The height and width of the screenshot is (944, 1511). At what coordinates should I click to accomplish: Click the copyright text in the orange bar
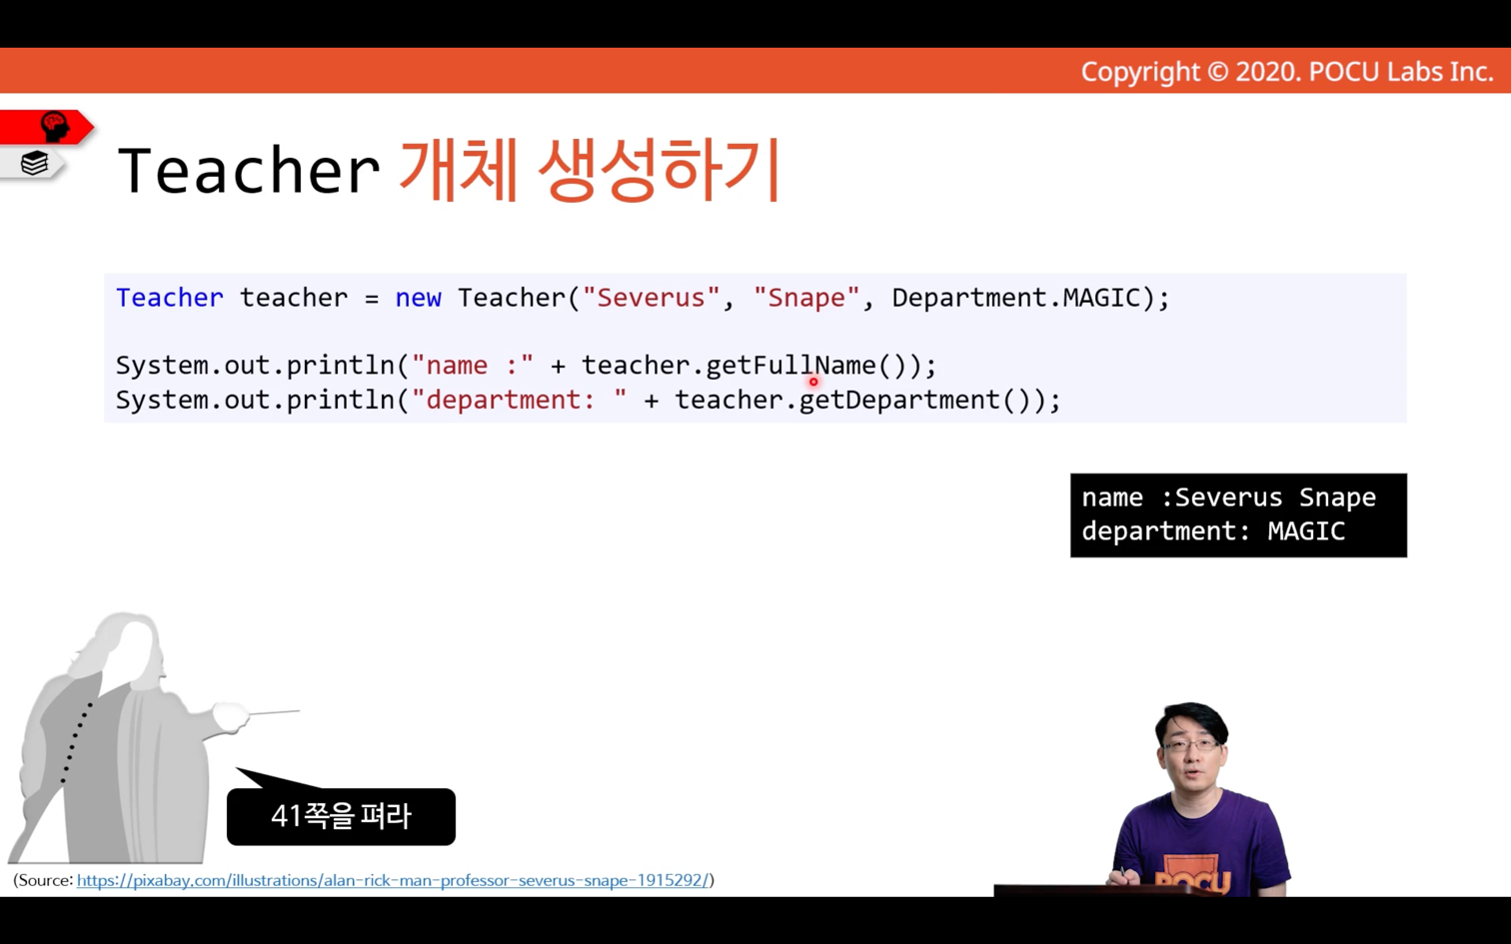pyautogui.click(x=1287, y=72)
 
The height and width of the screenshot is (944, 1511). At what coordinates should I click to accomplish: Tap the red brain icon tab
pyautogui.click(x=47, y=127)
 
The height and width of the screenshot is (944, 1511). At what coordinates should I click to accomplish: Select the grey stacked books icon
pyautogui.click(x=34, y=163)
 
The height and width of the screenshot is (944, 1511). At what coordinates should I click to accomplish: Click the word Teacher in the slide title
pyautogui.click(x=248, y=171)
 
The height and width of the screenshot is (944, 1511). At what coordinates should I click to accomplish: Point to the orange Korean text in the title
pyautogui.click(x=590, y=169)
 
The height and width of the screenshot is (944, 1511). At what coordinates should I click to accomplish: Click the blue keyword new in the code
pyautogui.click(x=418, y=298)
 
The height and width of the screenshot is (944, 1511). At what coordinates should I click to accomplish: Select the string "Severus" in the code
pyautogui.click(x=652, y=298)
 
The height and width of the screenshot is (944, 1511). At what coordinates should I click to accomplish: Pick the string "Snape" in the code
pyautogui.click(x=806, y=298)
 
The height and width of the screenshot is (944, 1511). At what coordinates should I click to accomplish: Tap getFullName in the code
pyautogui.click(x=790, y=366)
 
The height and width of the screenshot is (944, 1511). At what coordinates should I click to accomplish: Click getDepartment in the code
pyautogui.click(x=899, y=401)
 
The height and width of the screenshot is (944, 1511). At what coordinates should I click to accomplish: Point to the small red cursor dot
pyautogui.click(x=813, y=383)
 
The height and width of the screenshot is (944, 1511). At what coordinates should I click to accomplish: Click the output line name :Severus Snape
pyautogui.click(x=1229, y=497)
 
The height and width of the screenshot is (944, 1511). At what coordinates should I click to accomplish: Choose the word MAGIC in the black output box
pyautogui.click(x=1306, y=531)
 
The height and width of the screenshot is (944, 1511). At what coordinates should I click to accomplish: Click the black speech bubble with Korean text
pyautogui.click(x=342, y=816)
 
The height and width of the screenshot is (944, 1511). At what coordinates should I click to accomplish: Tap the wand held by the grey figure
pyautogui.click(x=274, y=712)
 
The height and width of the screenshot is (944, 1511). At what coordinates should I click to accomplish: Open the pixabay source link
pyautogui.click(x=393, y=881)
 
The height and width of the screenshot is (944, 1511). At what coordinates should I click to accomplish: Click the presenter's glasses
pyautogui.click(x=1190, y=746)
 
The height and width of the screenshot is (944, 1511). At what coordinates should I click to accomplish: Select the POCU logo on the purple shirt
pyautogui.click(x=1192, y=879)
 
